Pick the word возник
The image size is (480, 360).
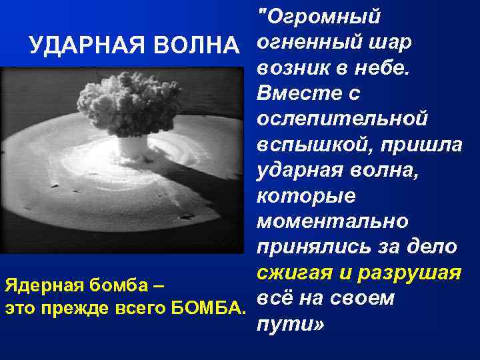click(x=287, y=67)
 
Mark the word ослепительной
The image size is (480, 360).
click(x=341, y=119)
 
